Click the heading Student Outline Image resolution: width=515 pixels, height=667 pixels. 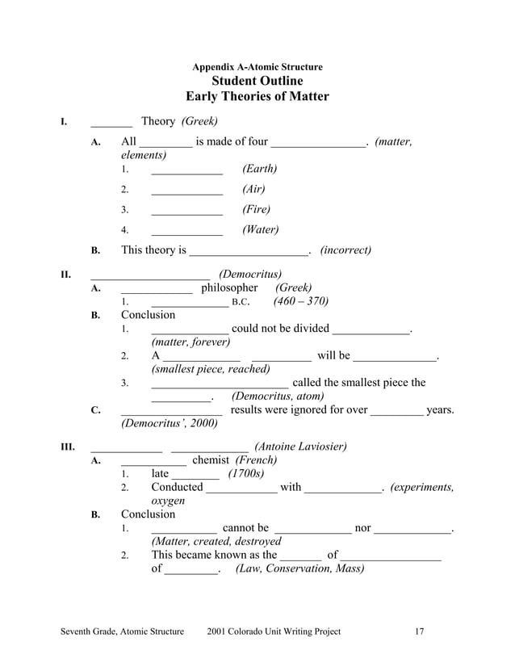pyautogui.click(x=257, y=81)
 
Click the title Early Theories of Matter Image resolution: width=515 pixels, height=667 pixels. pyautogui.click(x=257, y=97)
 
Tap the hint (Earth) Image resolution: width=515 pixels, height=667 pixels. pyautogui.click(x=259, y=169)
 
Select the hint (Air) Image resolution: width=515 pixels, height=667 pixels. pyautogui.click(x=253, y=190)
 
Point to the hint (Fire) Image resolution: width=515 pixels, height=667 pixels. pyautogui.click(x=256, y=210)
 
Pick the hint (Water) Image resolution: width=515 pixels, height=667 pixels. pyautogui.click(x=260, y=230)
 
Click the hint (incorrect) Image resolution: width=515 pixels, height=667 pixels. pyautogui.click(x=345, y=250)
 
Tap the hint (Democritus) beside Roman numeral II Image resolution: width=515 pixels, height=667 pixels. pyautogui.click(x=250, y=275)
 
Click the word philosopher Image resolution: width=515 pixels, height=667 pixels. pyautogui.click(x=229, y=288)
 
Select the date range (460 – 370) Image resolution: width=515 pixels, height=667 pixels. pyautogui.click(x=300, y=302)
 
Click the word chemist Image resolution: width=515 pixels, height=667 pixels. pyautogui.click(x=211, y=460)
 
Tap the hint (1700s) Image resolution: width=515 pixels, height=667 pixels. pyautogui.click(x=245, y=474)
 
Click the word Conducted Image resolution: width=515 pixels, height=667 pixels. pyautogui.click(x=177, y=487)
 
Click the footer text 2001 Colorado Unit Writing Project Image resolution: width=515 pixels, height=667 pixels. pyautogui.click(x=274, y=631)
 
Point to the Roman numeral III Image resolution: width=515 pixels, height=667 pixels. pyautogui.click(x=68, y=447)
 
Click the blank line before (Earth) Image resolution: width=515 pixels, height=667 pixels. pyautogui.click(x=186, y=170)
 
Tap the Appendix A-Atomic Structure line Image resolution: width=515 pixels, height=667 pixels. pyautogui.click(x=257, y=67)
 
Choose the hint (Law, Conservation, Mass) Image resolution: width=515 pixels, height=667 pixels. pyautogui.click(x=299, y=568)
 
